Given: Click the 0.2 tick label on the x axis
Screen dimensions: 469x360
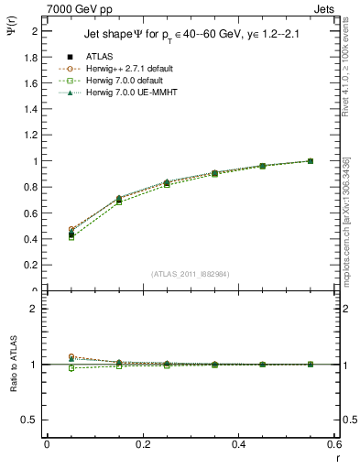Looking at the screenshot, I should pos(143,444).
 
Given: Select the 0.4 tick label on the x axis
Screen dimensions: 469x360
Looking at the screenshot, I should pos(239,444).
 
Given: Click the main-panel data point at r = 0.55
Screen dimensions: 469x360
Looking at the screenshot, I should pos(310,161).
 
